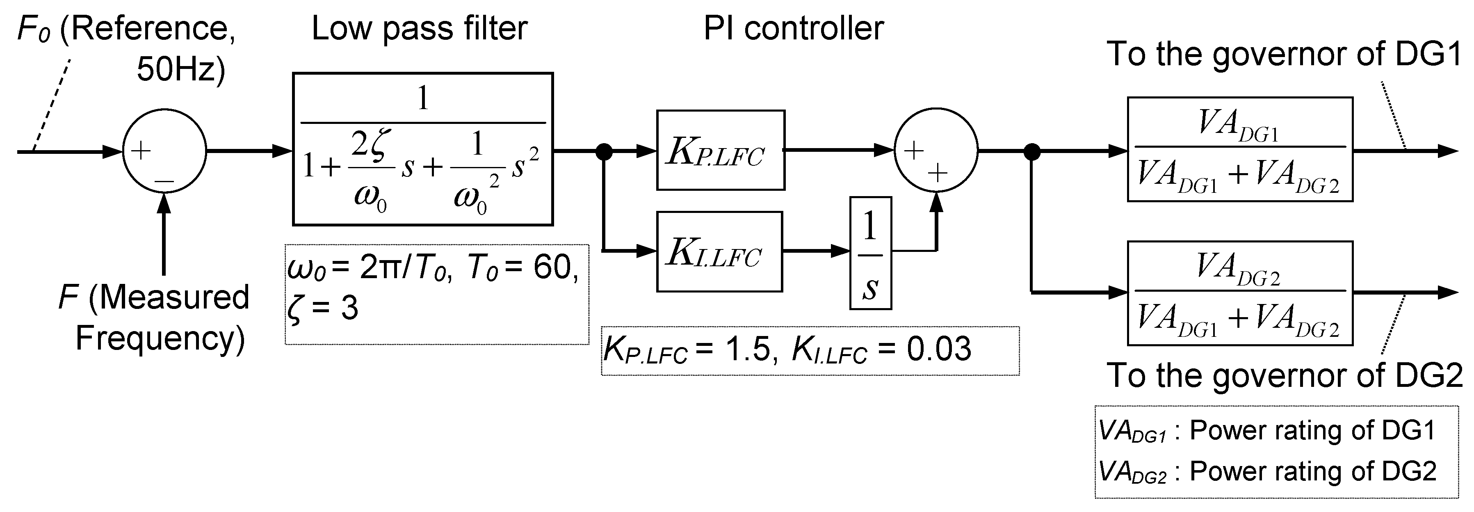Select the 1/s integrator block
pos(870,253)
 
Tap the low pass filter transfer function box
pos(422,149)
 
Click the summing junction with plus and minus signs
pos(164,152)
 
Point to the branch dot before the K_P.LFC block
pos(604,152)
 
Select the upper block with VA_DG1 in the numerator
pos(1239,149)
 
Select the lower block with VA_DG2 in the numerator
pos(1239,293)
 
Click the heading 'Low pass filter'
pos(419,29)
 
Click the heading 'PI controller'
pos(793,29)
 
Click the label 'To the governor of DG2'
pos(1284,376)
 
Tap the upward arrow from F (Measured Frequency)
pos(164,235)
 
